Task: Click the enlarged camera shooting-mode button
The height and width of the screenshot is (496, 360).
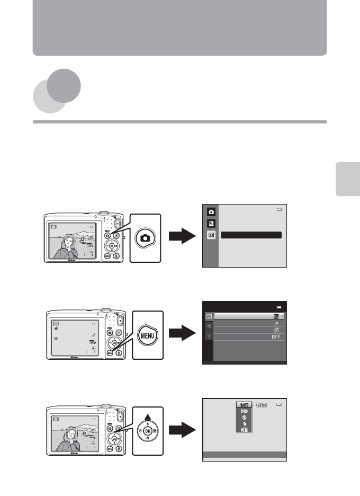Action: pyautogui.click(x=145, y=238)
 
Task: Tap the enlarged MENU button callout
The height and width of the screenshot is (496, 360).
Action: pyautogui.click(x=145, y=335)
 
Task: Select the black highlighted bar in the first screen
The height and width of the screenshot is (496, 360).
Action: pyautogui.click(x=251, y=235)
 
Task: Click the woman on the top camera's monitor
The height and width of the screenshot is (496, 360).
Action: pyautogui.click(x=68, y=246)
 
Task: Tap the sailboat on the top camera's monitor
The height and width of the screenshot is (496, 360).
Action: pyautogui.click(x=83, y=240)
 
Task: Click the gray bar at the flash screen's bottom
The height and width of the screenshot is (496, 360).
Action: pyautogui.click(x=245, y=454)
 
